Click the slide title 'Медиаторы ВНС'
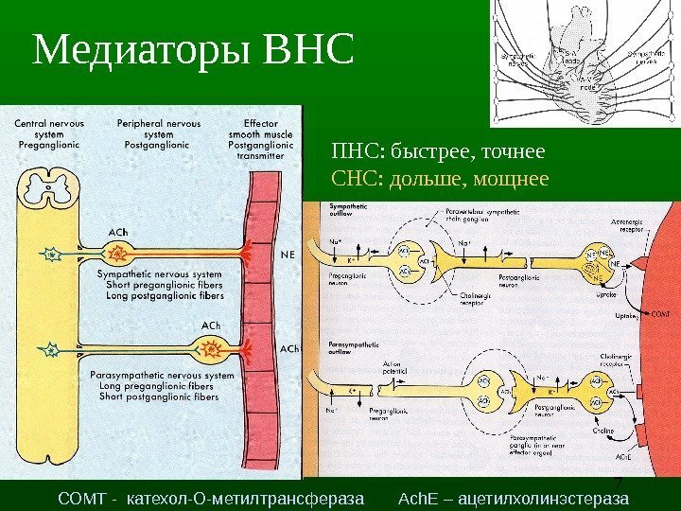[193, 51]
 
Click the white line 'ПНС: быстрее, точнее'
[438, 151]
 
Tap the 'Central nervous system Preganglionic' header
[47, 133]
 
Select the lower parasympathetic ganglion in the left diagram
[213, 352]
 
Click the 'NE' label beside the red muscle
[289, 253]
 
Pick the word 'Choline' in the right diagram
[603, 431]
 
